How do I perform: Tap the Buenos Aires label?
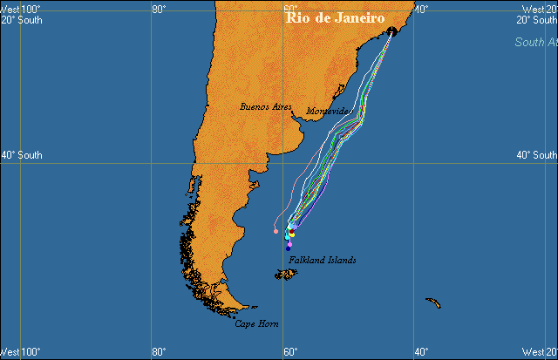tap(265, 106)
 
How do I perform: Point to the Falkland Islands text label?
tap(323, 260)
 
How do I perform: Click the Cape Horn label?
tap(256, 323)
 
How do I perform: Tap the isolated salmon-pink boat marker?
tap(276, 231)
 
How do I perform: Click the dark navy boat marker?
tap(289, 248)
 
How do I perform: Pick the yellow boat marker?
tap(292, 234)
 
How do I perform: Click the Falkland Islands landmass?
tap(285, 275)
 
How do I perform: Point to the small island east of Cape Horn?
tap(432, 303)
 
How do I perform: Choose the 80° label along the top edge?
tap(159, 9)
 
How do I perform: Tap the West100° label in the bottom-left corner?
tap(20, 352)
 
